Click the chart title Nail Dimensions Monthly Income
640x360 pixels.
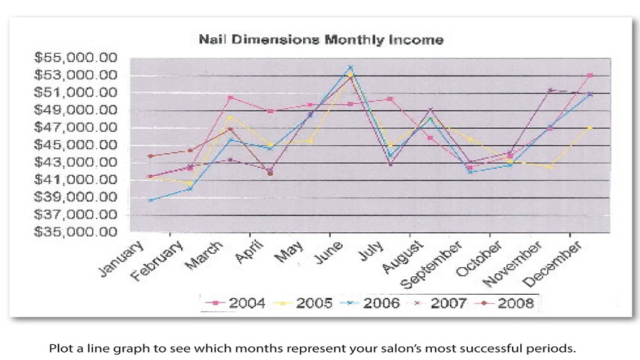click(320, 39)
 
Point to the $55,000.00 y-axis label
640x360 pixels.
click(77, 58)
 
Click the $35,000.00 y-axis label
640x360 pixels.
click(77, 232)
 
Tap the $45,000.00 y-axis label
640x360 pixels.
click(77, 145)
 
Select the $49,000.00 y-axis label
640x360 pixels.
click(77, 110)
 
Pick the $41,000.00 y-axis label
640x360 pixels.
click(77, 180)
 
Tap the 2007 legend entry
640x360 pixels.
click(445, 303)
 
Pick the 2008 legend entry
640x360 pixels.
click(513, 303)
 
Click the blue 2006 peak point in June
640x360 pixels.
click(350, 67)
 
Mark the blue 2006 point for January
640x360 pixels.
click(150, 201)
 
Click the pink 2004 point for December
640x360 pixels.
click(591, 76)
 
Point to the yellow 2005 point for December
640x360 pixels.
click(591, 128)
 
